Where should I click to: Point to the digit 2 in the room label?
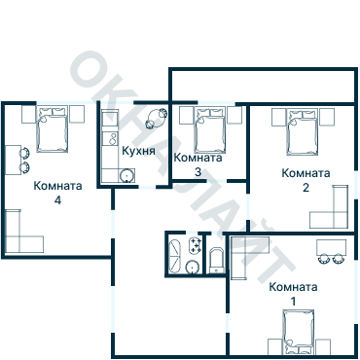306,188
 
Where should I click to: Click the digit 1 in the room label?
294,302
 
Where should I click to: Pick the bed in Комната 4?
52,127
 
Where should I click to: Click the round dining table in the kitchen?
153,122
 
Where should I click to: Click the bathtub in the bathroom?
173,255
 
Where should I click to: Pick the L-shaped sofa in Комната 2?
333,210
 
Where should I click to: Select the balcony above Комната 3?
263,85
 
